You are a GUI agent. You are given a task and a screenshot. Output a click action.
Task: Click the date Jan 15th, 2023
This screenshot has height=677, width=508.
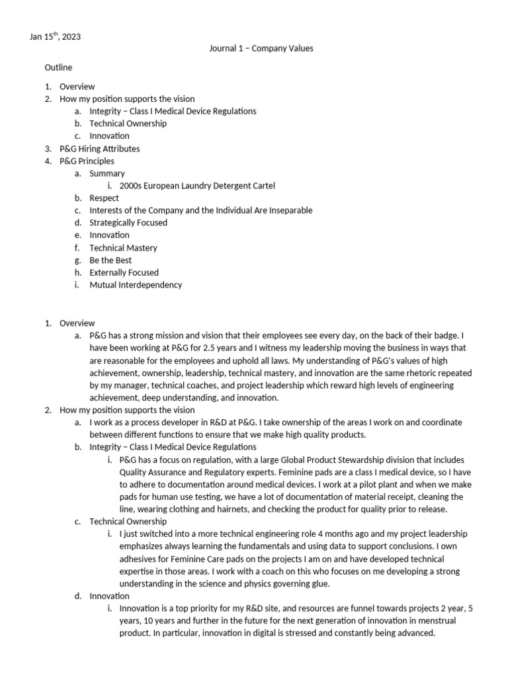click(x=55, y=37)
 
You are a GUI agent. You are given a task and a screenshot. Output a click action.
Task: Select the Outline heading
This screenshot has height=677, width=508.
click(x=58, y=67)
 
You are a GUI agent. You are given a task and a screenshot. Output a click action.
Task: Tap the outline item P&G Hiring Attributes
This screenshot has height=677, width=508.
click(x=99, y=149)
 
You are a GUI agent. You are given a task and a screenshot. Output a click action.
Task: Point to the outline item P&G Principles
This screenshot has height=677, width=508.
click(x=87, y=161)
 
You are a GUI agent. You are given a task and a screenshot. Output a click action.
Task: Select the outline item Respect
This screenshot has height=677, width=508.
click(x=104, y=198)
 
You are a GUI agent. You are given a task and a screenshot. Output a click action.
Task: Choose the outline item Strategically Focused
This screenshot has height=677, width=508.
click(x=128, y=223)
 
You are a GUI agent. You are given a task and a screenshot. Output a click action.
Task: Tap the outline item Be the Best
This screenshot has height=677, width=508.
click(x=110, y=260)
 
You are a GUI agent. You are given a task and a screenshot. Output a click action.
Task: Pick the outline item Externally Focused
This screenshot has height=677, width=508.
click(x=124, y=272)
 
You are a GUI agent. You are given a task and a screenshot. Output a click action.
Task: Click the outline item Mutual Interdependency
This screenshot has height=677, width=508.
click(x=136, y=285)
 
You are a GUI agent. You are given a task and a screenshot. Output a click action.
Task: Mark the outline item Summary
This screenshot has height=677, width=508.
click(x=107, y=173)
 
